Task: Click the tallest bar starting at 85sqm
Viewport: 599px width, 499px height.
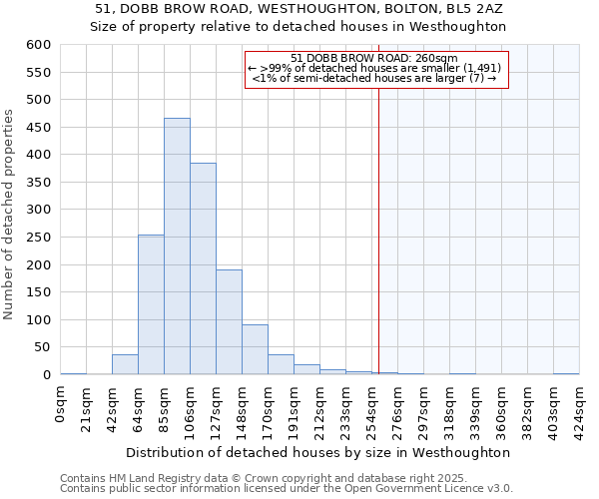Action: (177, 247)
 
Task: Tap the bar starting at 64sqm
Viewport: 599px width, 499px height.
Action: (151, 304)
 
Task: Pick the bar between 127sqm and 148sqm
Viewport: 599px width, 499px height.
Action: (229, 322)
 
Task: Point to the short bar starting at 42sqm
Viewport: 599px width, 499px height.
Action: (125, 365)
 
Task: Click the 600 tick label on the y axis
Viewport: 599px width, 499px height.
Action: (38, 45)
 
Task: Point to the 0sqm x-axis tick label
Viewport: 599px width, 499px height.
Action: (61, 406)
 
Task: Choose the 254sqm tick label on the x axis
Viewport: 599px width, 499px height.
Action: (371, 412)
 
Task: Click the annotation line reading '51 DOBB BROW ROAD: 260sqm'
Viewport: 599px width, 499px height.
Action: (374, 58)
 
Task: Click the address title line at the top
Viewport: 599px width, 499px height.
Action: (299, 9)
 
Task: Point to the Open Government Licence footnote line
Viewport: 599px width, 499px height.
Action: (287, 489)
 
